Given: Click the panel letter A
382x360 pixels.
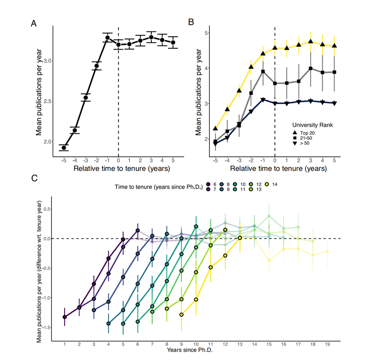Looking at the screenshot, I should (34, 23).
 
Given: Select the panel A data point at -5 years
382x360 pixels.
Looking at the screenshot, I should (64, 148).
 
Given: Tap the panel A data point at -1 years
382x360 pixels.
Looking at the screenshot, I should (107, 38).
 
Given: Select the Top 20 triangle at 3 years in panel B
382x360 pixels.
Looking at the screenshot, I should (311, 42).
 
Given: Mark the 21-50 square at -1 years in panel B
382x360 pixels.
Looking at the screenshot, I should (263, 71).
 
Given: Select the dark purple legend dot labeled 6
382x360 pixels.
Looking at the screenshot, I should (208, 184).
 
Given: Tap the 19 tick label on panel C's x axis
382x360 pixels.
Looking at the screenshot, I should (328, 345).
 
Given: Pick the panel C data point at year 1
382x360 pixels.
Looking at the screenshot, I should (65, 317).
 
